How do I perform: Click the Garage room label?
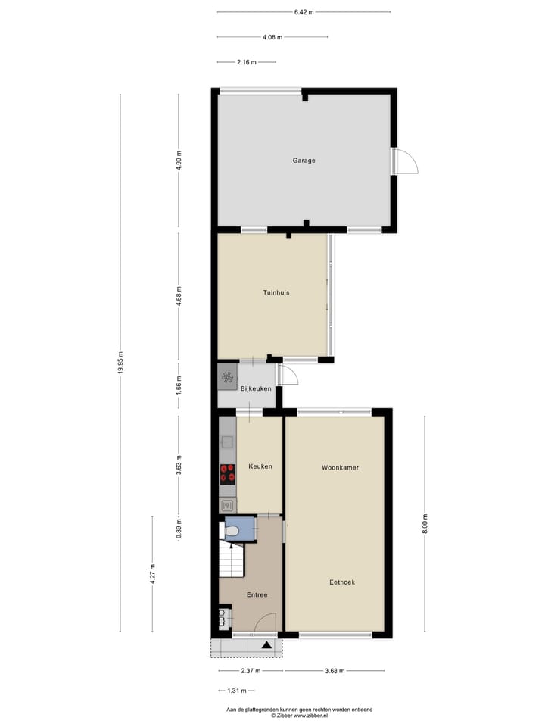pyautogui.click(x=304, y=161)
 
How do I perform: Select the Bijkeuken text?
pyautogui.click(x=256, y=389)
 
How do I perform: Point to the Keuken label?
pyautogui.click(x=260, y=466)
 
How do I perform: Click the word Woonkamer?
pyautogui.click(x=340, y=468)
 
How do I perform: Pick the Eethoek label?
pyautogui.click(x=342, y=582)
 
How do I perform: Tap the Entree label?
pyautogui.click(x=257, y=595)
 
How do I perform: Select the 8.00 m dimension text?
pyautogui.click(x=424, y=523)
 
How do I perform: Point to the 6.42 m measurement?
pyautogui.click(x=304, y=12)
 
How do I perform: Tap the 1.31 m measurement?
pyautogui.click(x=237, y=691)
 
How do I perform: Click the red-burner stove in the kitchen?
pyautogui.click(x=227, y=473)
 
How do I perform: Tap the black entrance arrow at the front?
pyautogui.click(x=266, y=646)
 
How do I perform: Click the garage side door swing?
pyautogui.click(x=406, y=161)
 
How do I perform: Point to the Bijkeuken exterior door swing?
pyautogui.click(x=286, y=374)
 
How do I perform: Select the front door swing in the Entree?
pyautogui.click(x=264, y=623)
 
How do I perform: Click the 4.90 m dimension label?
pyautogui.click(x=179, y=161)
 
